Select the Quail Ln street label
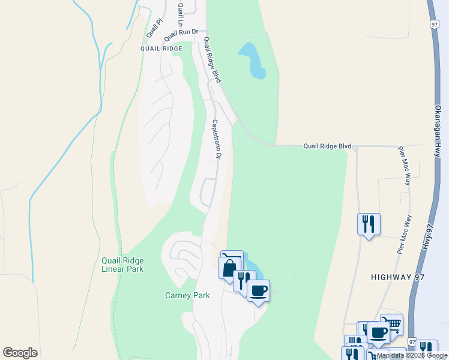coord(179,14)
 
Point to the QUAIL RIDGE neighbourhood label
coord(161,48)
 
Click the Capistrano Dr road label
coord(217,139)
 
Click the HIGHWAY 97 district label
coord(399,277)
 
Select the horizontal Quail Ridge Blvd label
coord(327,145)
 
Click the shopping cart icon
coord(392,325)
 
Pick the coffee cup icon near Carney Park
coord(258,290)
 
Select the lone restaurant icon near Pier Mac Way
coord(369,224)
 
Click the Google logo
coord(20,353)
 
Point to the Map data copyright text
coord(412,355)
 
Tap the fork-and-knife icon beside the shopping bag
coord(244,280)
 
